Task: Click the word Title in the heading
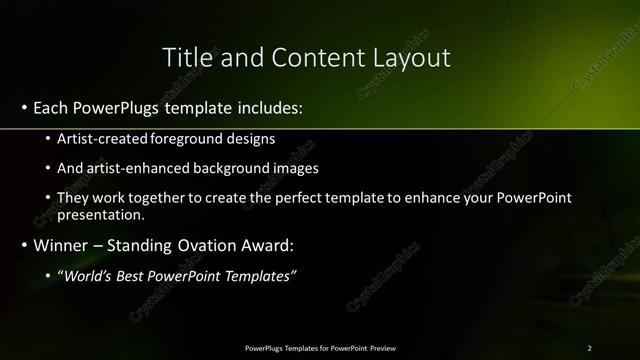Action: click(x=187, y=57)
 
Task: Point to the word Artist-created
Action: click(x=103, y=138)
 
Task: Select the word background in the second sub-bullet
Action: click(x=231, y=168)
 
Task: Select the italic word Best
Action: click(x=135, y=275)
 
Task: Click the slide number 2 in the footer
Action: click(x=589, y=347)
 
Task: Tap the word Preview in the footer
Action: click(x=380, y=347)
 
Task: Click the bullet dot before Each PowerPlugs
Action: click(x=22, y=107)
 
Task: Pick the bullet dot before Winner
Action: click(x=22, y=245)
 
